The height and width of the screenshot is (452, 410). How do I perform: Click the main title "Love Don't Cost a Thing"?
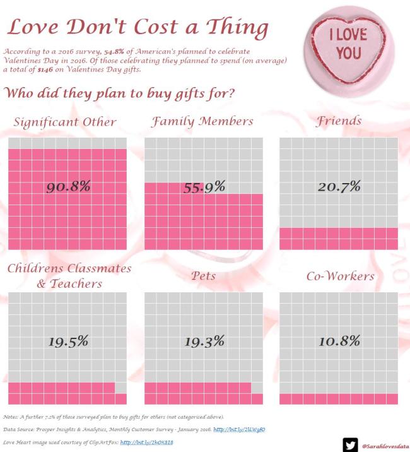coord(138,28)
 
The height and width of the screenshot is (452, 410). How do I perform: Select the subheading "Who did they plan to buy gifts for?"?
coord(120,93)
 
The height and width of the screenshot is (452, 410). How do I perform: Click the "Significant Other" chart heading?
coord(65,122)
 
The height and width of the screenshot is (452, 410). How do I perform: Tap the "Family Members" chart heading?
coord(202,121)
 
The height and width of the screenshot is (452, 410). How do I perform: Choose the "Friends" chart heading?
coord(339,121)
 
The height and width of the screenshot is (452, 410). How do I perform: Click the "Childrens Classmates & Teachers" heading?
coord(69,276)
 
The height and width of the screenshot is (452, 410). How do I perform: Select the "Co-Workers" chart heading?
coord(340,276)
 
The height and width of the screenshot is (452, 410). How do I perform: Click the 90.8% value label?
coord(69,186)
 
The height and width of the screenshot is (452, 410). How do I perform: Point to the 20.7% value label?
coord(339,186)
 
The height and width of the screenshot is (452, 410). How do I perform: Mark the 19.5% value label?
coord(69,342)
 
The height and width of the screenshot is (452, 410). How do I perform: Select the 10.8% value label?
coord(339,342)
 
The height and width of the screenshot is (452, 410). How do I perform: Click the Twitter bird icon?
coord(350,444)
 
